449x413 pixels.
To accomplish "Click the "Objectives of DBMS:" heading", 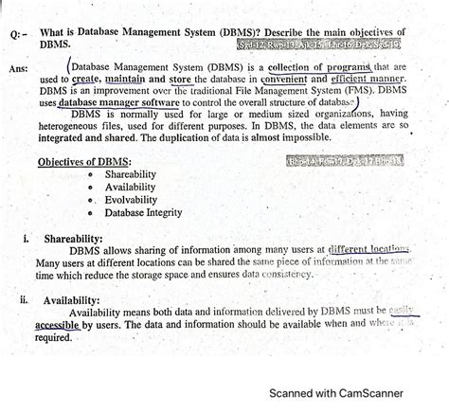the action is coord(85,162).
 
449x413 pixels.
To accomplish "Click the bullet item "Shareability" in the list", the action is coord(132,175).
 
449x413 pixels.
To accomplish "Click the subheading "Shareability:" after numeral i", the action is coord(77,239).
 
